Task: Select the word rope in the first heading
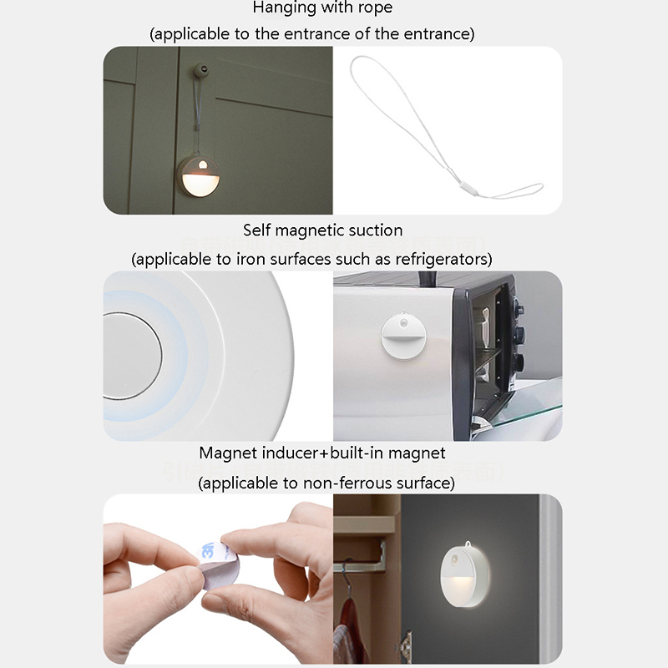tap(375, 8)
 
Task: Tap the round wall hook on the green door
tap(201, 69)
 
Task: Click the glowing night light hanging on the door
tap(199, 175)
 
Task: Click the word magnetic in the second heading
tap(306, 230)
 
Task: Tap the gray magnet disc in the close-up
tap(132, 357)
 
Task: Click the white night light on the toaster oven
tap(403, 337)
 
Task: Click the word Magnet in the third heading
tap(228, 453)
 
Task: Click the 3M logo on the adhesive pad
tap(208, 549)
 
